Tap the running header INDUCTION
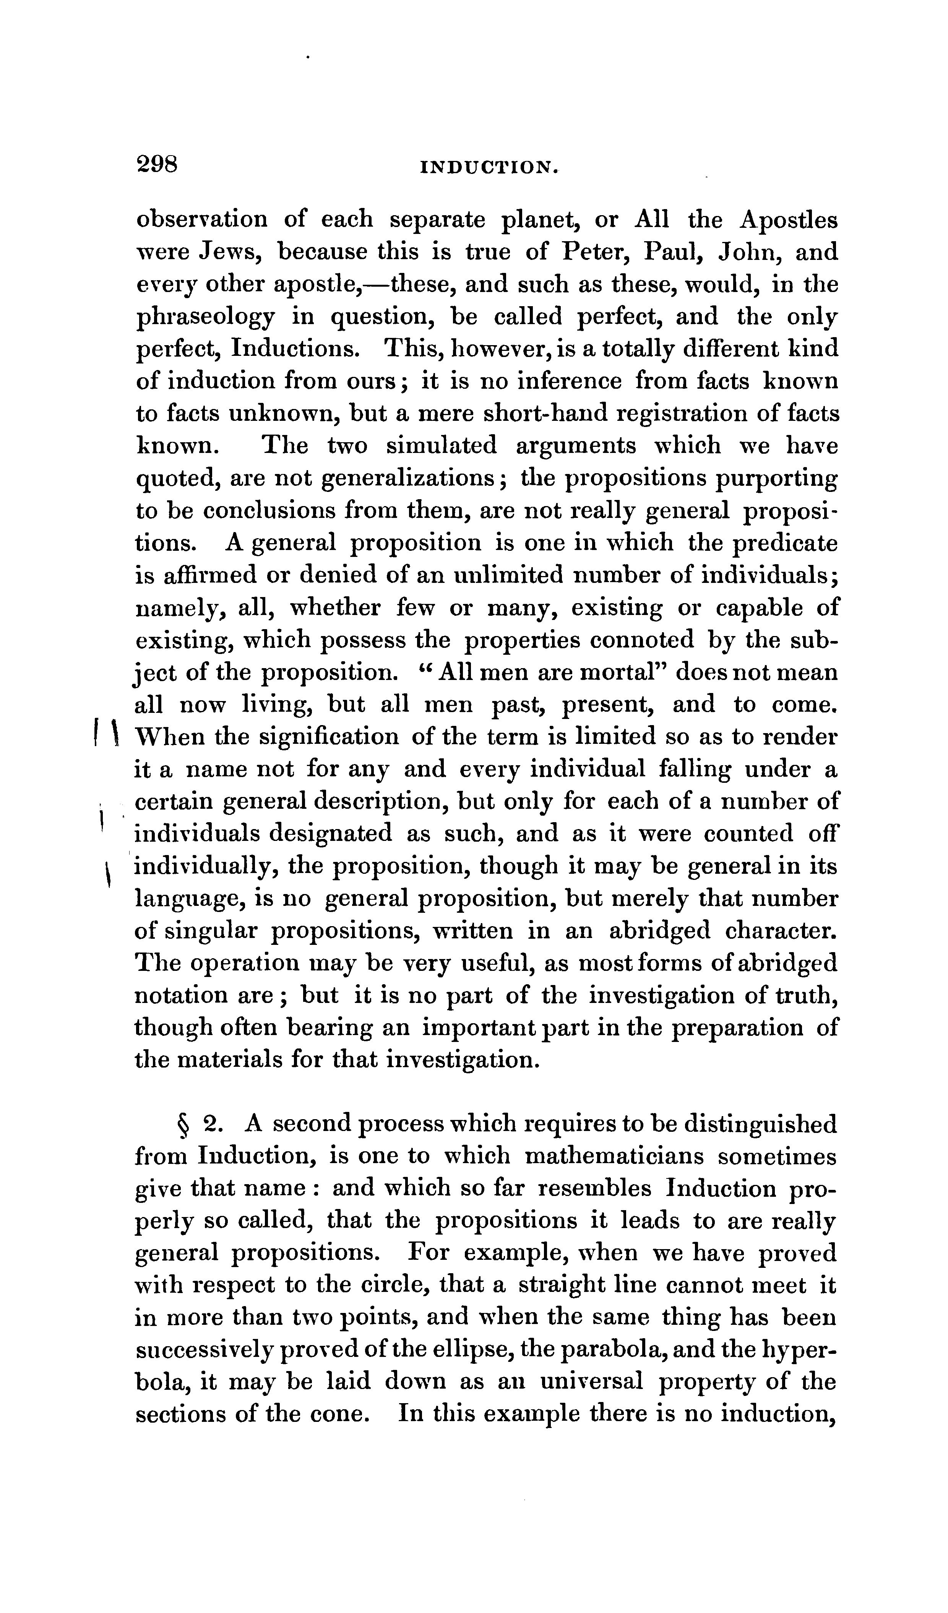[490, 168]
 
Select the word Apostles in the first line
[788, 220]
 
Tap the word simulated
[441, 446]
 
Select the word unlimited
[508, 575]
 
